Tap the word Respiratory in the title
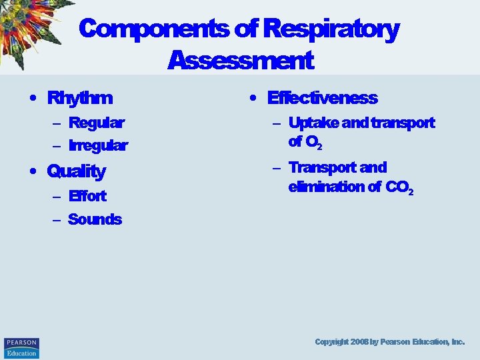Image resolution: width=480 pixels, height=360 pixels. [x=331, y=29]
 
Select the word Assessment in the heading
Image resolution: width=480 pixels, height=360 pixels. [x=240, y=61]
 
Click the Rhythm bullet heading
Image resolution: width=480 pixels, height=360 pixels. [x=80, y=99]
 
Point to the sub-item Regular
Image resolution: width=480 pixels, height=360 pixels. [x=96, y=123]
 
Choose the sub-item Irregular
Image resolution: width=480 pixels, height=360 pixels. [x=98, y=145]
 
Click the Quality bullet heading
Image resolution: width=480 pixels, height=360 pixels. [x=77, y=171]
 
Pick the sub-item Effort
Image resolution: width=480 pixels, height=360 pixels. [x=87, y=196]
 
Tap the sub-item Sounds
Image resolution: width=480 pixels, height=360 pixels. [x=95, y=219]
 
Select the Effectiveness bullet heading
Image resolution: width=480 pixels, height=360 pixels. [x=322, y=99]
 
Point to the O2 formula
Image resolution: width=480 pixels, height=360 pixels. [x=314, y=142]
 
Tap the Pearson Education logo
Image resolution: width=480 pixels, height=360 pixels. [x=21, y=347]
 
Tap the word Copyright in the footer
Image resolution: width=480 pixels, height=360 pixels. [x=332, y=341]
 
